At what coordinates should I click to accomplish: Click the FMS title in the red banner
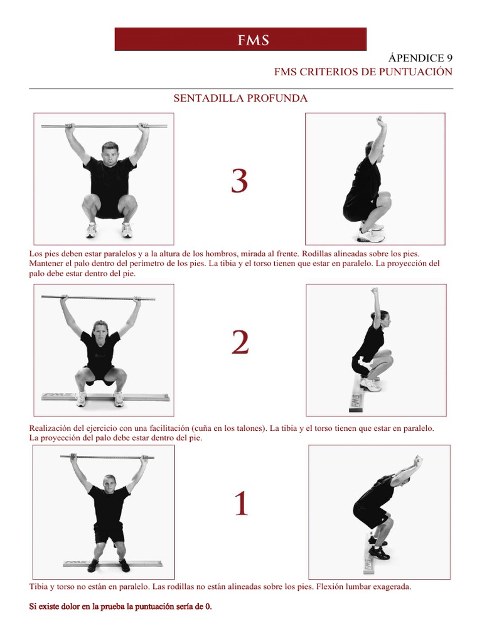[253, 40]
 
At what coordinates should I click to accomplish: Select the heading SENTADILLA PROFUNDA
[240, 99]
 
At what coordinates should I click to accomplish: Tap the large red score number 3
[239, 182]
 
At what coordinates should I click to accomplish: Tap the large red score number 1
[241, 505]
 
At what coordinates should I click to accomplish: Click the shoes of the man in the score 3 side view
[370, 235]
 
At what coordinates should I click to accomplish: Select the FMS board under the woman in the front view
[105, 397]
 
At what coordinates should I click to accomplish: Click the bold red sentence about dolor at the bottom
[120, 607]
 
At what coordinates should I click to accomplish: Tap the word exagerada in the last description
[390, 586]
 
